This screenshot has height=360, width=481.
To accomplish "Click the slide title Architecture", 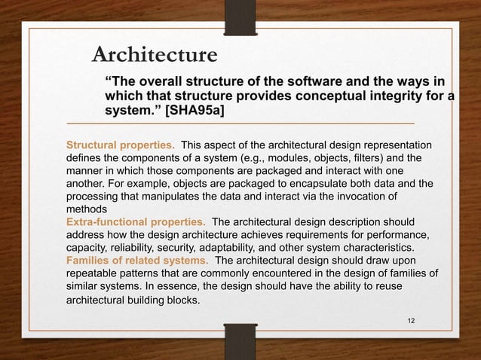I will tap(155, 55).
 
